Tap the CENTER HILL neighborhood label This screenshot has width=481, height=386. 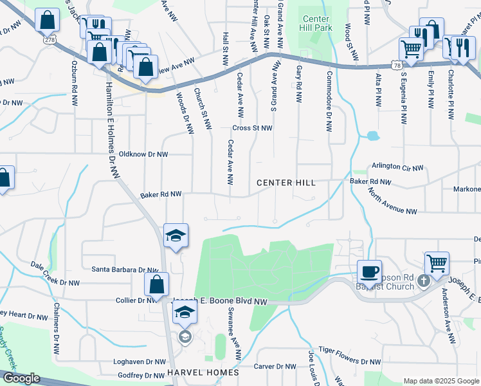click(x=286, y=183)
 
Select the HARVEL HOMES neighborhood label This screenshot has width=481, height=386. click(x=203, y=373)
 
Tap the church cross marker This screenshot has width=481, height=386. click(x=423, y=280)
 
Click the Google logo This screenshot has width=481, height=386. click(x=21, y=378)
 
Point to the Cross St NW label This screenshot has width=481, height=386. click(x=252, y=128)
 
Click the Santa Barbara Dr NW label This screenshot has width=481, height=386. click(x=125, y=270)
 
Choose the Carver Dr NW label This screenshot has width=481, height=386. click(x=275, y=367)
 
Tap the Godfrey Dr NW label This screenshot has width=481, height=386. click(x=140, y=376)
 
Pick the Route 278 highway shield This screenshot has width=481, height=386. click(x=50, y=39)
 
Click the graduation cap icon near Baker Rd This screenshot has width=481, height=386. click(x=175, y=235)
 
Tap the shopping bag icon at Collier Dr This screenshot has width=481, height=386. click(x=157, y=284)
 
